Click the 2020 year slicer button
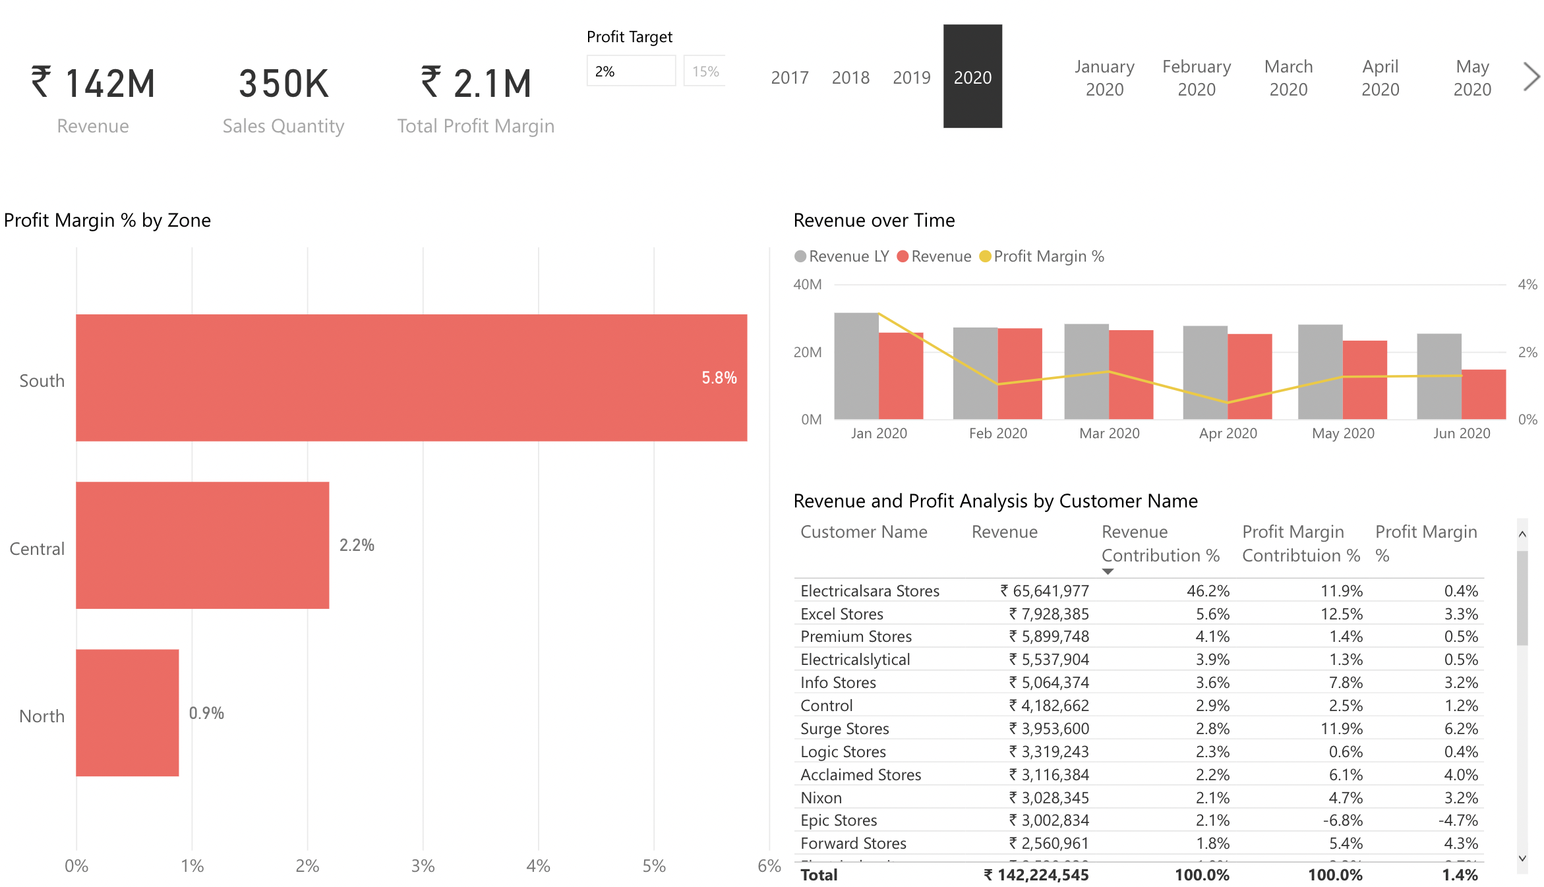(x=972, y=76)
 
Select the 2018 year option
(x=850, y=78)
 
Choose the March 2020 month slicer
(x=1288, y=78)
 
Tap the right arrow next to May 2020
(x=1531, y=76)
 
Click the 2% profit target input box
(x=630, y=71)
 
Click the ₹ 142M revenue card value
(x=93, y=84)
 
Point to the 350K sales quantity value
(x=283, y=84)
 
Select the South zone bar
(x=411, y=378)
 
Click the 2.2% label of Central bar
(x=357, y=545)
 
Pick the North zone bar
(x=127, y=712)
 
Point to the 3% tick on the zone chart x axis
(x=423, y=866)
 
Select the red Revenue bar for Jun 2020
(x=1483, y=394)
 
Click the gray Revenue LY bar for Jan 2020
(x=856, y=366)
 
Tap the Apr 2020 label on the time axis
(x=1228, y=434)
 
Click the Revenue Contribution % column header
(x=1160, y=544)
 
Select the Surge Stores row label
(x=845, y=729)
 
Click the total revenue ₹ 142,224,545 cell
(x=1036, y=875)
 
